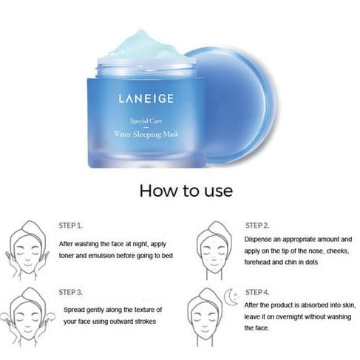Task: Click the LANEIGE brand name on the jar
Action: pos(146,98)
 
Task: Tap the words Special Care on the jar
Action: pos(146,121)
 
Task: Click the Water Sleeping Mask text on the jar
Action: pos(146,135)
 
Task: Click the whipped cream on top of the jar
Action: pos(146,47)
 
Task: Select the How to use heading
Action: pos(186,191)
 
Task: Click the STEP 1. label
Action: pos(70,225)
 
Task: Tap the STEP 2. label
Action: pos(257,225)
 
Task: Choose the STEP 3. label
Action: pos(70,292)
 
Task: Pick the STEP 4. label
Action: pos(257,292)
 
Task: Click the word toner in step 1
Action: pos(67,256)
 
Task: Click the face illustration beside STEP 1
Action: pos(27,250)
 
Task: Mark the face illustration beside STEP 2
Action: pos(214,250)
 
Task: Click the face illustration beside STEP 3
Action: pos(27,317)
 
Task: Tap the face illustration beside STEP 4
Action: pos(205,317)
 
